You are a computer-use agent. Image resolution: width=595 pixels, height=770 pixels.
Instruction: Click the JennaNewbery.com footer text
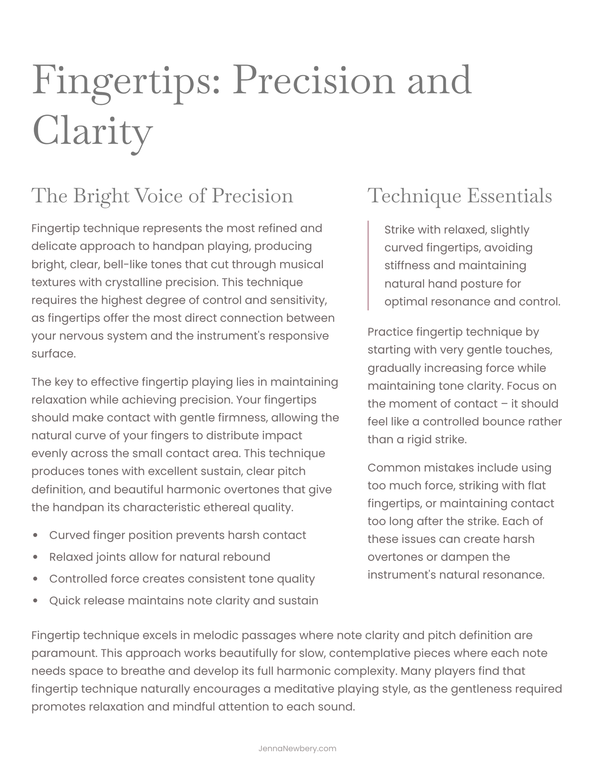[x=297, y=748]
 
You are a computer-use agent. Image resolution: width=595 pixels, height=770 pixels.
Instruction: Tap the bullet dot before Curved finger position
[x=35, y=535]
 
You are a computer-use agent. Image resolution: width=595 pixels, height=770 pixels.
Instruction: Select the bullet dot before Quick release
[x=35, y=601]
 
